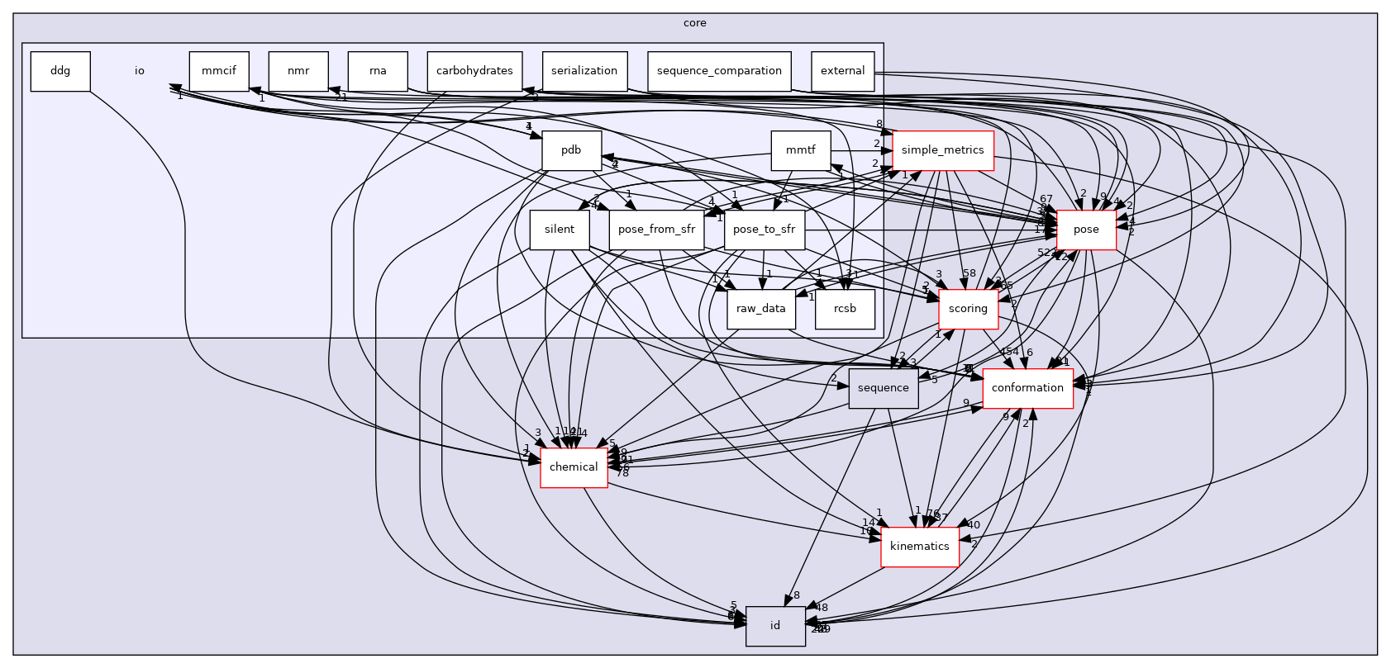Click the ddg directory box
pyautogui.click(x=60, y=71)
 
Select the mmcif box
pyautogui.click(x=218, y=71)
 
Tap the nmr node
pyautogui.click(x=298, y=71)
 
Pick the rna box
pyautogui.click(x=378, y=71)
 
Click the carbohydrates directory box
pyautogui.click(x=474, y=71)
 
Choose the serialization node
pyautogui.click(x=584, y=71)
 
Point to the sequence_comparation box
pyautogui.click(x=719, y=71)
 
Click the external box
pyautogui.click(x=842, y=71)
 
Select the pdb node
pyautogui.click(x=571, y=150)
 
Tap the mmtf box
pyautogui.click(x=801, y=150)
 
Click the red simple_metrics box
pyautogui.click(x=942, y=150)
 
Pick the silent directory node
pyautogui.click(x=559, y=230)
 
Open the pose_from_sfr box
pyautogui.click(x=656, y=230)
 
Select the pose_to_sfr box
pyautogui.click(x=765, y=230)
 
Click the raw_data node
pyautogui.click(x=761, y=309)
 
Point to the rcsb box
pyautogui.click(x=845, y=309)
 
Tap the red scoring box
pyautogui.click(x=968, y=309)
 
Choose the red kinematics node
pyautogui.click(x=919, y=547)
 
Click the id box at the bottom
pyautogui.click(x=775, y=626)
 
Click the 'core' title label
pyautogui.click(x=695, y=23)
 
